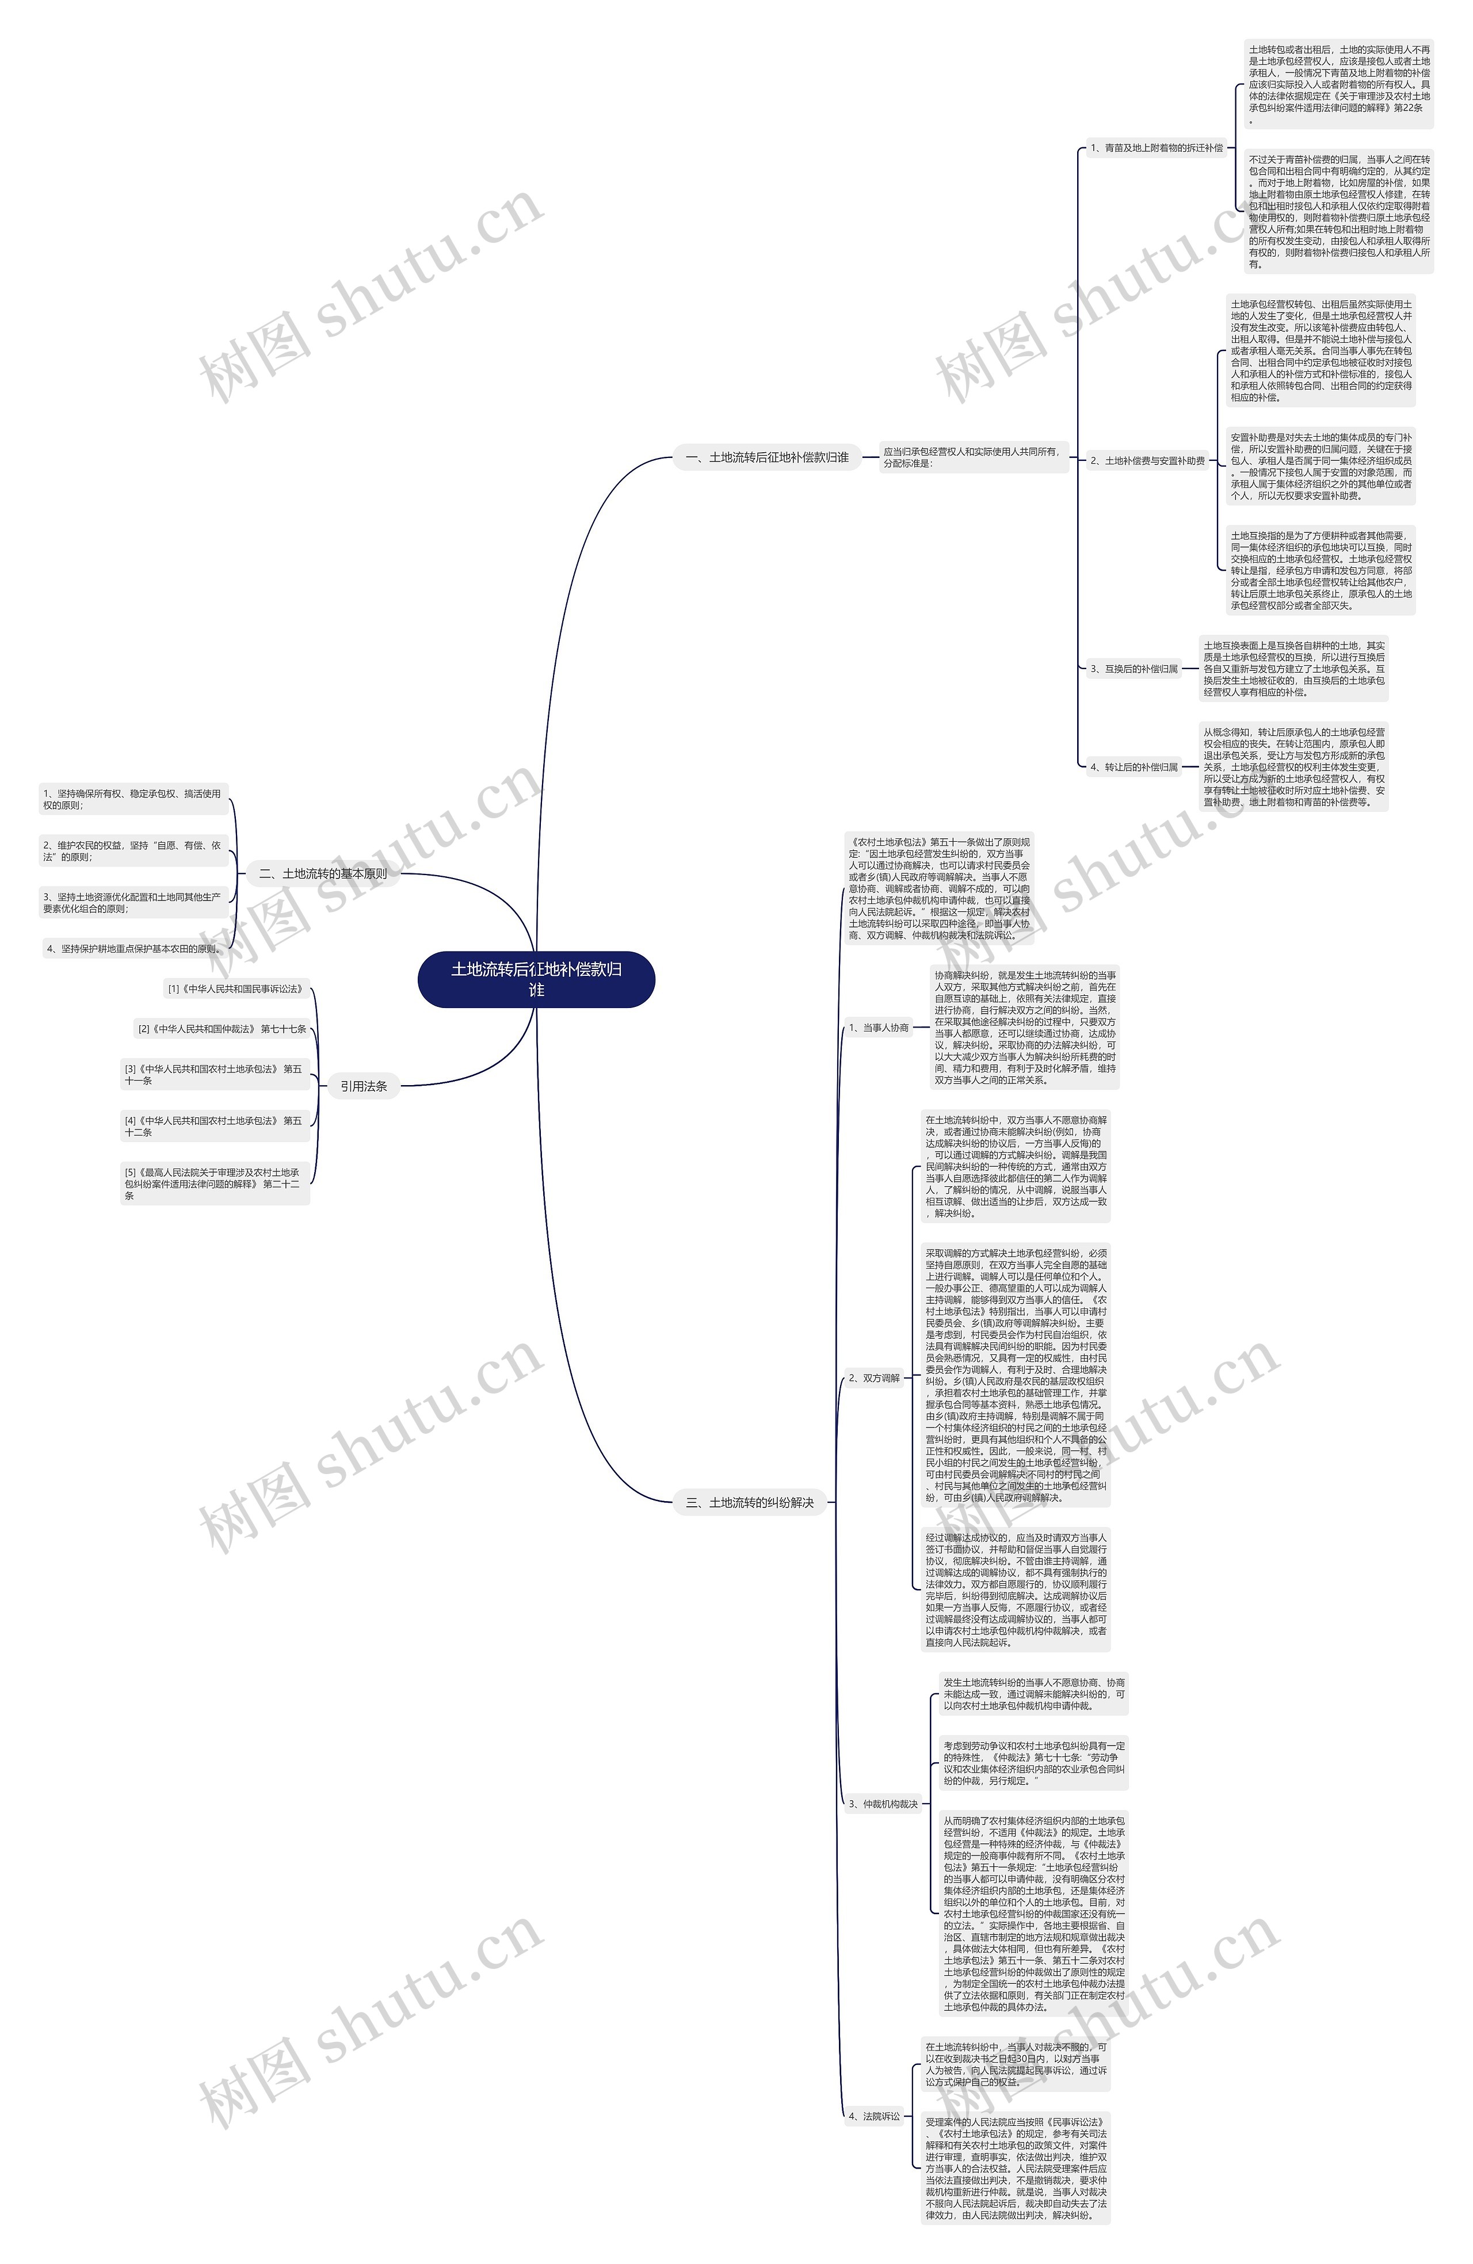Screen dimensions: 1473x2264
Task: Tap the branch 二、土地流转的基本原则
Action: [x=323, y=873]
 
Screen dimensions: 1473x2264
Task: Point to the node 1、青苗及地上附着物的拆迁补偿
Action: [x=1156, y=148]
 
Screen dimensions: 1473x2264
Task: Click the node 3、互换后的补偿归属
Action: [x=1134, y=669]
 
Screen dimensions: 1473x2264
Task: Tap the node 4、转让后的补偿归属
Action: [x=1134, y=767]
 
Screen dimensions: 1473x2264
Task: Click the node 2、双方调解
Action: [x=873, y=1377]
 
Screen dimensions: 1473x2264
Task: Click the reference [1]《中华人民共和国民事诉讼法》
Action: [x=236, y=989]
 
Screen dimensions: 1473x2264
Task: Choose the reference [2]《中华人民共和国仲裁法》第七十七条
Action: [x=222, y=1029]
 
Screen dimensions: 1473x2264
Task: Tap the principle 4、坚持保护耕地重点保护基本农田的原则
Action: [x=134, y=948]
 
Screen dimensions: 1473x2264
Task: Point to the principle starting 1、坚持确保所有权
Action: [x=132, y=799]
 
